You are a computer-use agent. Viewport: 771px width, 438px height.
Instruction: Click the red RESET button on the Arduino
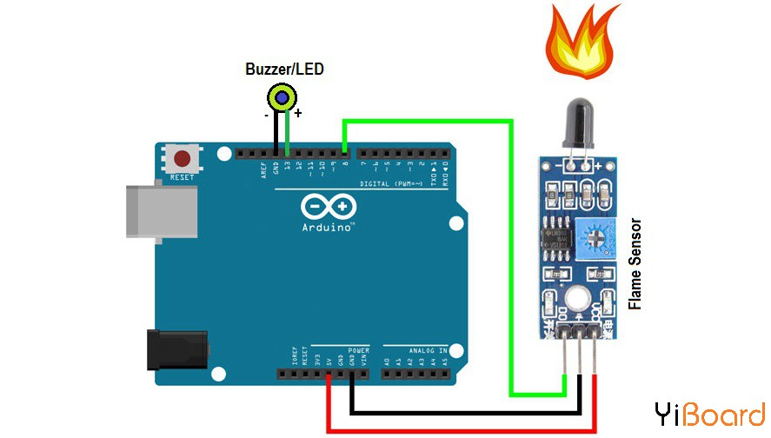183,159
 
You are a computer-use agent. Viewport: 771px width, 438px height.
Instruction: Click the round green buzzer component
282,96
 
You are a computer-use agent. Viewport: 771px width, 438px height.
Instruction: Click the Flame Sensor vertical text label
635,263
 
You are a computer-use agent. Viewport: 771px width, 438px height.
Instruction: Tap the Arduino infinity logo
329,207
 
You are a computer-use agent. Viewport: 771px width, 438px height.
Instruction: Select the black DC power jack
177,350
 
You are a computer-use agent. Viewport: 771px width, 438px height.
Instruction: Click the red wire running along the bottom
461,428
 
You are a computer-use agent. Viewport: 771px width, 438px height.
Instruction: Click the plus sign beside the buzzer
298,113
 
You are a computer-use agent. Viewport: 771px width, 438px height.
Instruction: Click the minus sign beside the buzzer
266,114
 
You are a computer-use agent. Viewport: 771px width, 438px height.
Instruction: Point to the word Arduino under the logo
329,227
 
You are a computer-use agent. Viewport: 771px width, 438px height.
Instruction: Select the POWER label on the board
359,351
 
